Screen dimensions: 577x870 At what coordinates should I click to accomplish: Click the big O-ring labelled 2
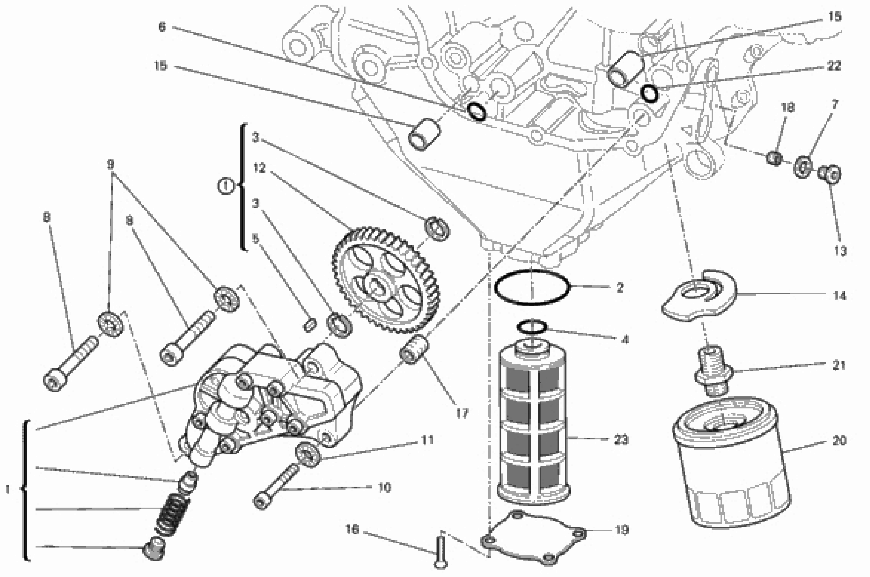tap(532, 287)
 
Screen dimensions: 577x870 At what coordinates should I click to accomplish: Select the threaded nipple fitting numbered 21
tap(713, 372)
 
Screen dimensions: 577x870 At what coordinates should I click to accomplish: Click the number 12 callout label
tap(259, 168)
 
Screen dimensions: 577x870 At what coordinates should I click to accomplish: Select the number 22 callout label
tap(834, 65)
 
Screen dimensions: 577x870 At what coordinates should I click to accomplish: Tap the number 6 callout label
tap(162, 27)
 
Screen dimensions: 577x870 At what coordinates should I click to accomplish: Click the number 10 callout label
tap(384, 488)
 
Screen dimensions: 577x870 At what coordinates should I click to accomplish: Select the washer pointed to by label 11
tap(308, 455)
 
